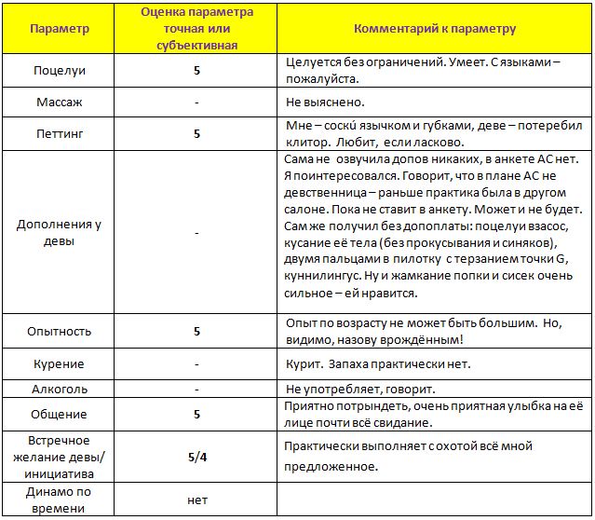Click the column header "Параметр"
coord(60,29)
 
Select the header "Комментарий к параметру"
coord(435,29)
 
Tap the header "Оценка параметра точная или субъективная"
coord(196,28)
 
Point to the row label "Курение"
coord(60,363)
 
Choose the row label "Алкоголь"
coord(60,389)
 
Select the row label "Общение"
coord(60,414)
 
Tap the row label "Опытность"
coord(60,331)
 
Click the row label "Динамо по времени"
coord(60,499)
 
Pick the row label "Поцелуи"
coord(60,70)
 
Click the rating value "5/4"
coord(197,457)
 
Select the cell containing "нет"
coord(197,499)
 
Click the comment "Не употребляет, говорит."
coord(360,389)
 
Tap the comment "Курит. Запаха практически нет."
coord(378,363)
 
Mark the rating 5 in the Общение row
coord(197,414)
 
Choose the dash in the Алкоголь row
coord(197,389)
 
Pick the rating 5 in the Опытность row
coord(197,331)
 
